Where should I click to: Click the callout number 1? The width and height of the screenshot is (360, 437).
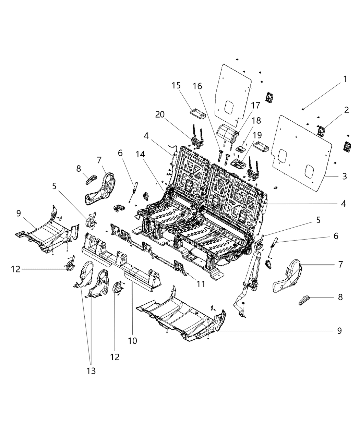pos(345,79)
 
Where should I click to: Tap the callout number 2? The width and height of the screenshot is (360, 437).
pos(346,110)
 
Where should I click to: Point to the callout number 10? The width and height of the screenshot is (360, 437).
pos(132,341)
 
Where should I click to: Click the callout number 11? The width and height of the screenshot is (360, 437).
pos(201,284)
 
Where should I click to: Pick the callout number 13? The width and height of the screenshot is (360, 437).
pos(91,371)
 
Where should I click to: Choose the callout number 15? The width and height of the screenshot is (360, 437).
pos(176,85)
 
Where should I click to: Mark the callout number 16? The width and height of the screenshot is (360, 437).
pos(207,86)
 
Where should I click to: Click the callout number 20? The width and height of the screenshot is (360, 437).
pos(160,114)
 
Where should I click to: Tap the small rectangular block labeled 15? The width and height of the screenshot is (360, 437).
pos(198,113)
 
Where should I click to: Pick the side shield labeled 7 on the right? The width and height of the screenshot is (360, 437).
pos(288,277)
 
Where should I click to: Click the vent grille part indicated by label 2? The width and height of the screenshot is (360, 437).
pos(321,131)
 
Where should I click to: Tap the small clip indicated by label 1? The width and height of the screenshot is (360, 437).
pos(304,109)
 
